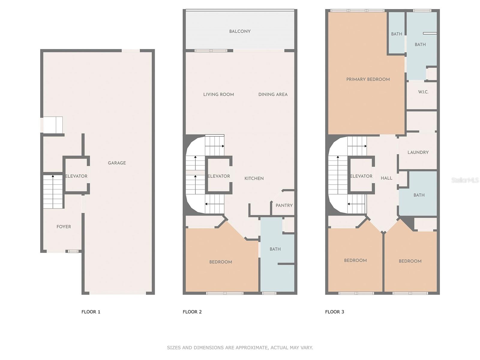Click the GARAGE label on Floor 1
click(x=117, y=163)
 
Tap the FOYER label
click(x=64, y=227)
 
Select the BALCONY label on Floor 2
click(x=240, y=31)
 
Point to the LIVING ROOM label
click(x=219, y=94)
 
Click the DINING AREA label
click(x=273, y=94)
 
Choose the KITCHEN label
click(x=254, y=178)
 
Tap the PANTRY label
click(x=284, y=205)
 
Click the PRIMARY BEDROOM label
click(x=368, y=79)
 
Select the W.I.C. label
click(x=423, y=92)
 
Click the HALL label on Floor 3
click(x=386, y=178)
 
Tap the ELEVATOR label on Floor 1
click(x=76, y=176)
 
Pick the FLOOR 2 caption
click(x=192, y=312)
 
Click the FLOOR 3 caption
click(x=334, y=312)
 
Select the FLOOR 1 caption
click(x=91, y=312)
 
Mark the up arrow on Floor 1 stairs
click(x=53, y=191)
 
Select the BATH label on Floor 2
click(x=275, y=249)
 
